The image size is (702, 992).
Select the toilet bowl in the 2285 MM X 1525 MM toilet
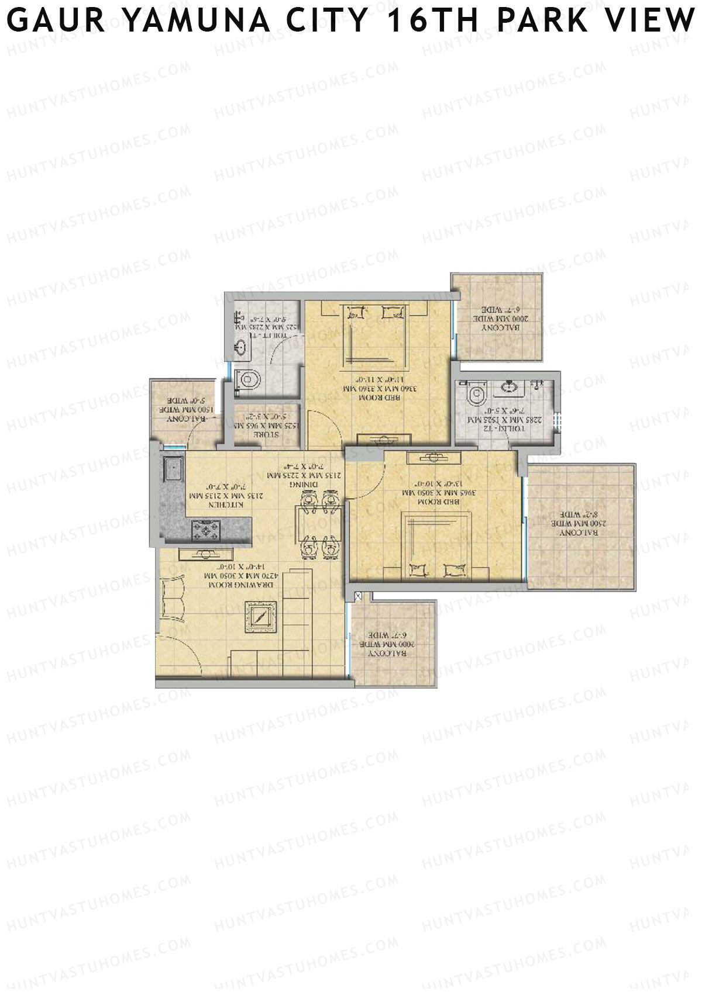(x=475, y=393)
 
